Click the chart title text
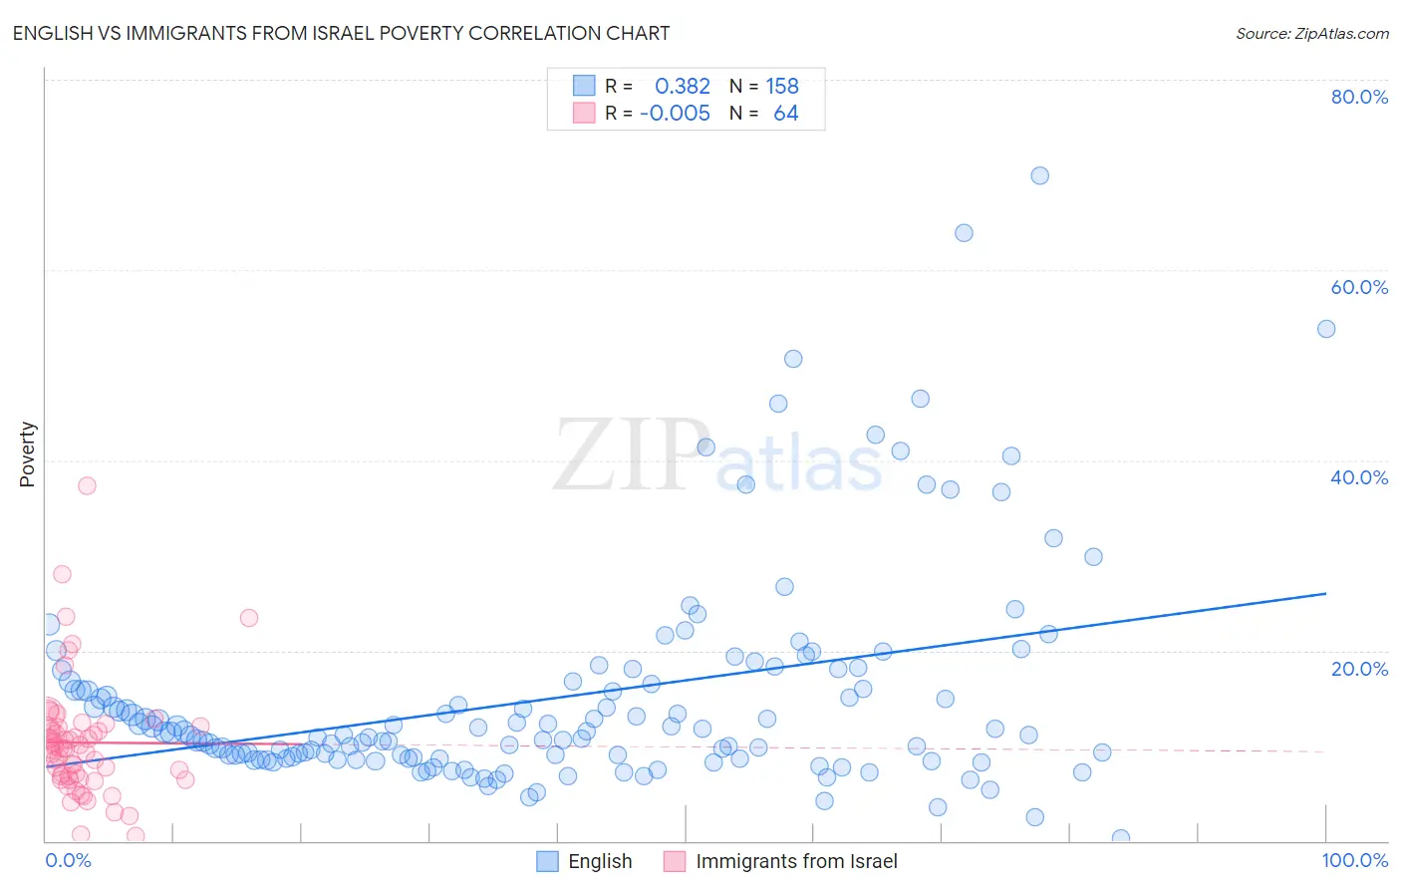pyautogui.click(x=341, y=33)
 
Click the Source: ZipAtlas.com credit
pyautogui.click(x=1311, y=33)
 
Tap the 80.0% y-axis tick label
pyautogui.click(x=1359, y=97)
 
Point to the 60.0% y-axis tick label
pyautogui.click(x=1359, y=287)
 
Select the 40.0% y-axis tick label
pyautogui.click(x=1359, y=477)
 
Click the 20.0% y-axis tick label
pyautogui.click(x=1359, y=668)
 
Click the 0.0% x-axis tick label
pyautogui.click(x=68, y=860)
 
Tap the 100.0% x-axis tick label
pyautogui.click(x=1354, y=860)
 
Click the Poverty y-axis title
pyautogui.click(x=27, y=454)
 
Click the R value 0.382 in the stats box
pyautogui.click(x=683, y=87)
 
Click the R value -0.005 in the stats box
pyautogui.click(x=675, y=114)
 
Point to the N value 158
pyautogui.click(x=782, y=87)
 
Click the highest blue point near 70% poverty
pyautogui.click(x=1039, y=175)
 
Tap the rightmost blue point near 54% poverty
pyautogui.click(x=1326, y=329)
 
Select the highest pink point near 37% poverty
pyautogui.click(x=87, y=485)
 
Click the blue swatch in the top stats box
pyautogui.click(x=584, y=86)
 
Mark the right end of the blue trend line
pyautogui.click(x=1325, y=593)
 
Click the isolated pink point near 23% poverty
pyautogui.click(x=249, y=618)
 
